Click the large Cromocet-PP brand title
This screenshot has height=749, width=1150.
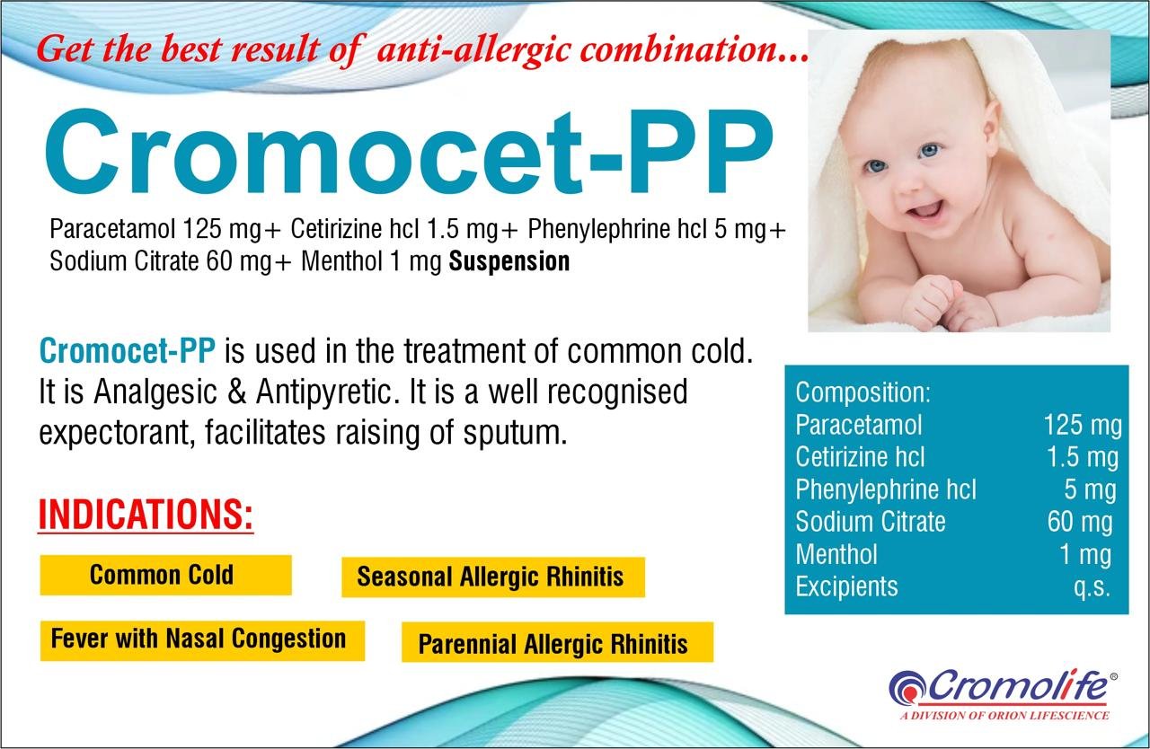point(409,152)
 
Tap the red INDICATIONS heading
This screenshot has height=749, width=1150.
point(146,515)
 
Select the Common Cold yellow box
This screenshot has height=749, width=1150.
point(166,575)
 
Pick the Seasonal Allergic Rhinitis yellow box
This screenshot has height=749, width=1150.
point(493,577)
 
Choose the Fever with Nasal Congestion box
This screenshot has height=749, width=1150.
point(202,640)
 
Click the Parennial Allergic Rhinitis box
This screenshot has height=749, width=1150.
point(558,642)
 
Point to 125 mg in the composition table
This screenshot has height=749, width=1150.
point(1084,427)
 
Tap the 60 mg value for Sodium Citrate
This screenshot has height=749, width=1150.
point(1080,523)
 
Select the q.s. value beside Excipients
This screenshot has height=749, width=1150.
point(1092,586)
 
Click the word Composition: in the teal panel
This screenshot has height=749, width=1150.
point(863,393)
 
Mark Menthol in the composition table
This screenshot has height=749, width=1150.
point(836,555)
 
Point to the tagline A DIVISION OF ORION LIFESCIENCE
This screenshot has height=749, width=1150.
point(1004,716)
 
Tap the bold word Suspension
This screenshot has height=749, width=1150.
point(509,261)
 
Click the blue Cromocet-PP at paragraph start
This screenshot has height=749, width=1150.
point(128,351)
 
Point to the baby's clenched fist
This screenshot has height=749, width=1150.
point(932,303)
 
